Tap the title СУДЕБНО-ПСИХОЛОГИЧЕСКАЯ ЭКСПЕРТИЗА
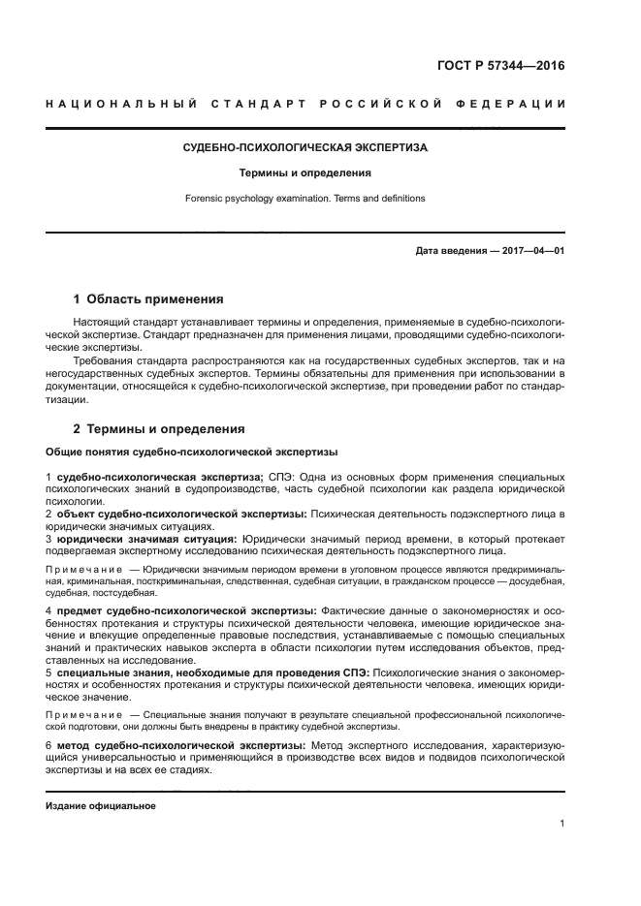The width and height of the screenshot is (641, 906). (305, 148)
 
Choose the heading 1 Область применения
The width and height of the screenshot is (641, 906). (148, 298)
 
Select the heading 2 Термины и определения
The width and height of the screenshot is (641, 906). (159, 428)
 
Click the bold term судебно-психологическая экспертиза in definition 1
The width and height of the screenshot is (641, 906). (159, 478)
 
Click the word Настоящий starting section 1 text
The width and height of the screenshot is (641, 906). (99, 320)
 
